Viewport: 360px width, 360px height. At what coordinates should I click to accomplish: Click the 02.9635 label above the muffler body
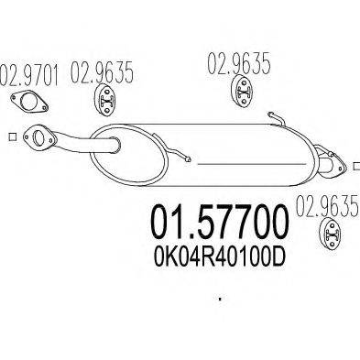coord(235,66)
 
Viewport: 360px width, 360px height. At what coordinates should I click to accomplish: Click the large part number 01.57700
coord(218,221)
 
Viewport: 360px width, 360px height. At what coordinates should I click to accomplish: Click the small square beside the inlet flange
coord(11,138)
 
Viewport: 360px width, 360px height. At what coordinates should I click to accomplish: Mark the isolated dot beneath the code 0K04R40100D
coord(220,299)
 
